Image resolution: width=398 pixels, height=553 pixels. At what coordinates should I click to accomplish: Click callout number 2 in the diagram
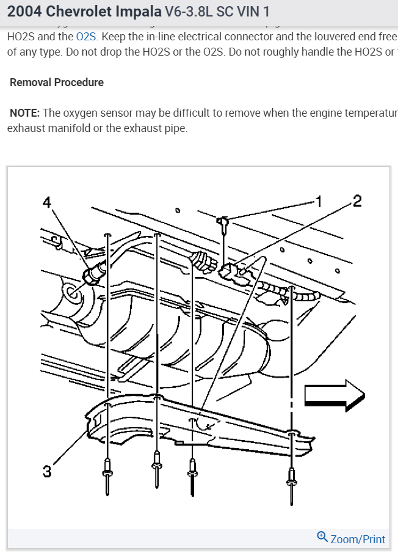(357, 201)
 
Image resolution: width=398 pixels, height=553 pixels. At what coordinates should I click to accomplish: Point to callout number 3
(47, 472)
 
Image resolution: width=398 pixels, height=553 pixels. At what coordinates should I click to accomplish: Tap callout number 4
(47, 202)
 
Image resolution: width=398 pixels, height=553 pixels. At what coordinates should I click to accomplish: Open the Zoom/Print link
(358, 538)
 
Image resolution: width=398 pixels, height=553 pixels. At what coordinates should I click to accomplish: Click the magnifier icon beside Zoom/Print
(322, 537)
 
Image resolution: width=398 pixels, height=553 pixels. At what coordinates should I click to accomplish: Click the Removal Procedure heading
(57, 82)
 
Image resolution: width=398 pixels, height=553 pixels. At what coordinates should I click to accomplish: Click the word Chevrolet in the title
(77, 12)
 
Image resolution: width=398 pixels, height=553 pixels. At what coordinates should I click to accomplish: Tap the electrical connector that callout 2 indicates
(236, 273)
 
